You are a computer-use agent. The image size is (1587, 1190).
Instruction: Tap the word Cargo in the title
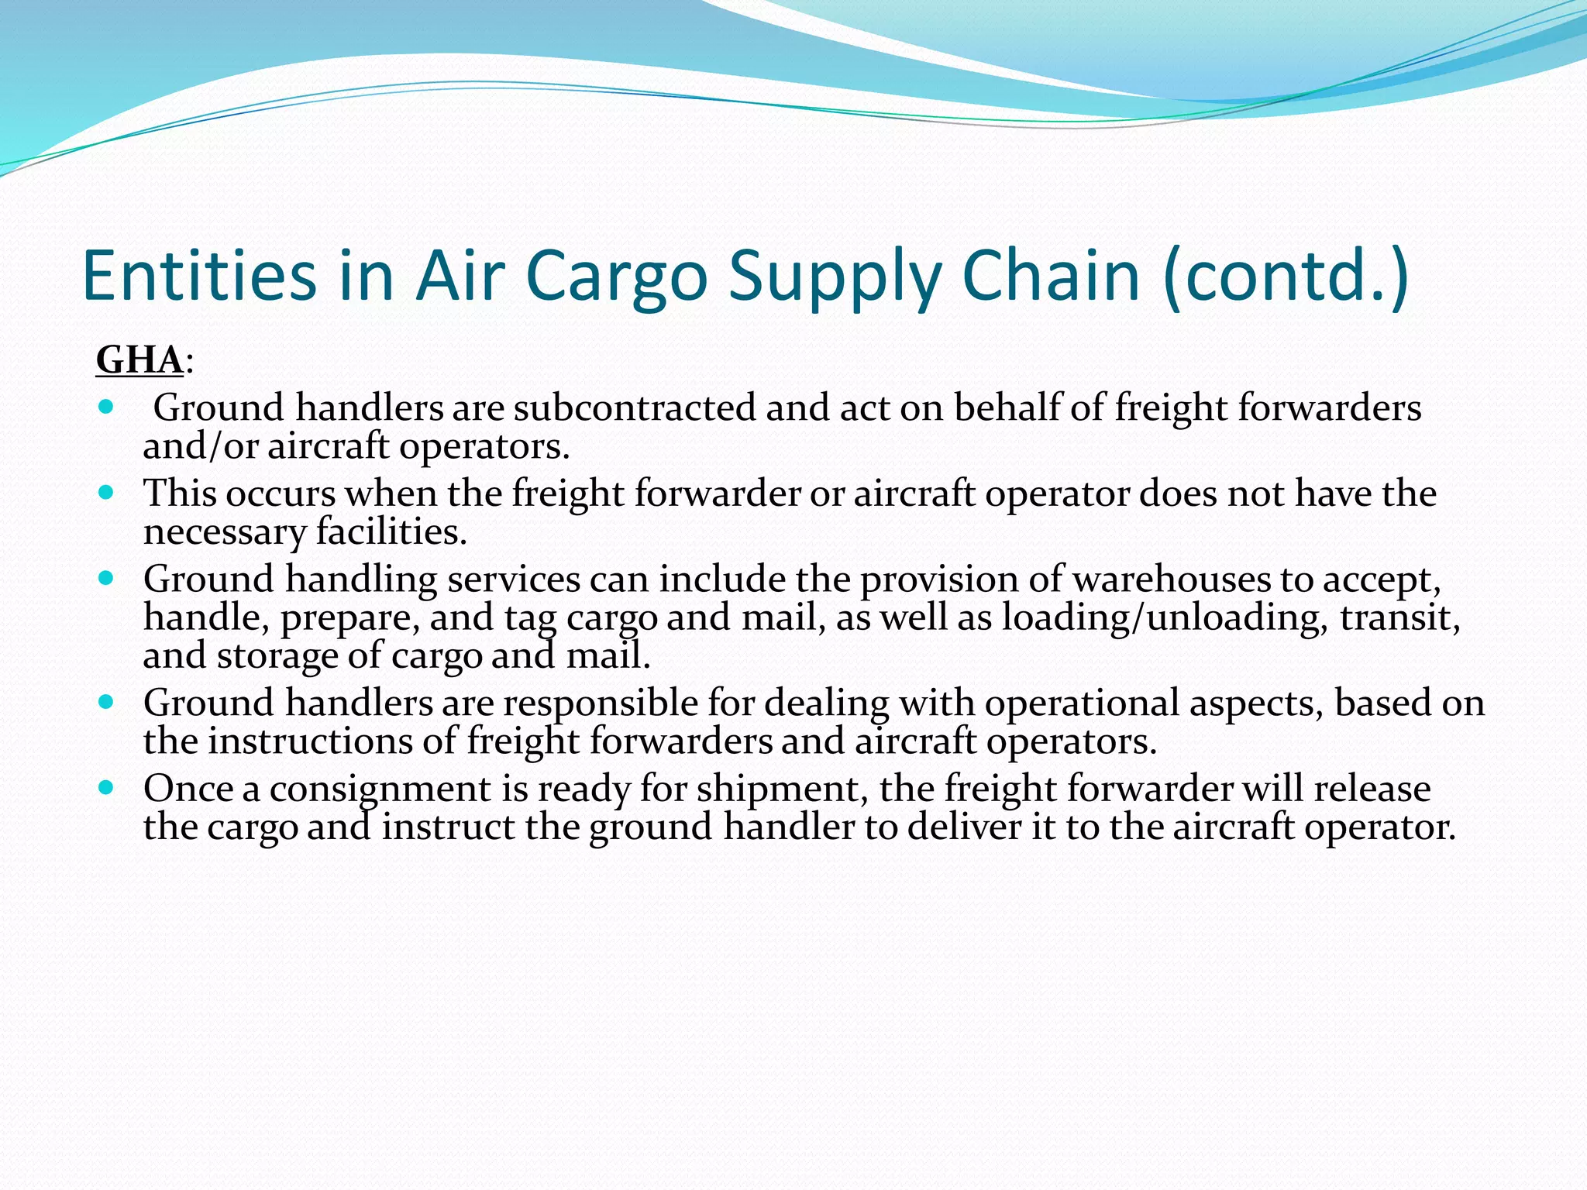click(x=617, y=276)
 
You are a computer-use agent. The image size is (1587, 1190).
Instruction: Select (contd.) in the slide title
click(x=1286, y=276)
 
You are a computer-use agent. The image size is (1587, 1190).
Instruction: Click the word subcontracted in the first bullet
click(x=634, y=408)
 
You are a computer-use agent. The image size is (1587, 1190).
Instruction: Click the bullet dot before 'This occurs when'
click(x=107, y=492)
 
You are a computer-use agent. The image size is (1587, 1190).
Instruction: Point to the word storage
click(x=277, y=656)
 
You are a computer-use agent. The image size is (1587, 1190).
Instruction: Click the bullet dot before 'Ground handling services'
click(x=107, y=577)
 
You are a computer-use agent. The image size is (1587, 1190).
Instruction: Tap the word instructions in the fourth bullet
click(x=310, y=741)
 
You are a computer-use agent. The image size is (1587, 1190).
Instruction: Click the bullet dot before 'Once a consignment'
click(x=107, y=788)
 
